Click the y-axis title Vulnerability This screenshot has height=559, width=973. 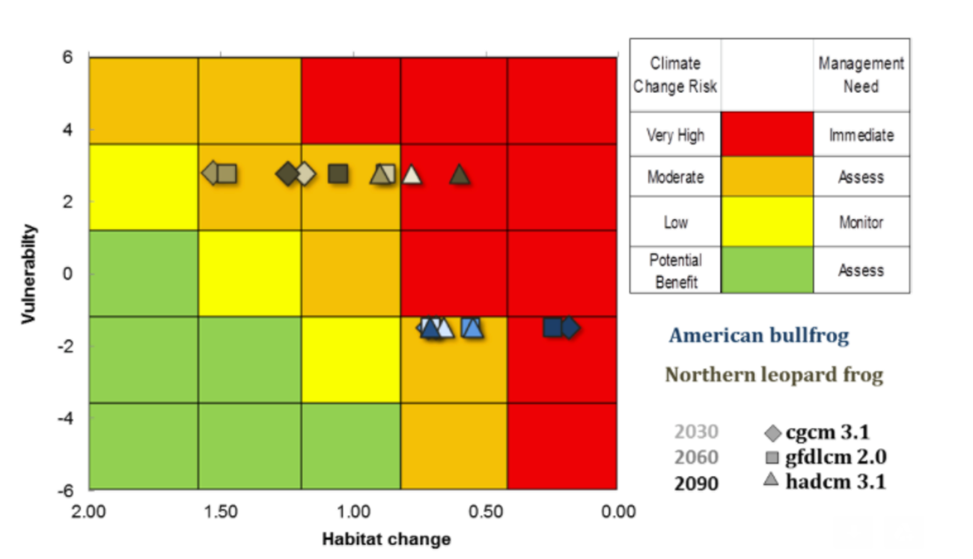point(28,272)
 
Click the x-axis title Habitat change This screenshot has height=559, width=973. point(386,539)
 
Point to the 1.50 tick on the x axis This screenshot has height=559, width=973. point(221,512)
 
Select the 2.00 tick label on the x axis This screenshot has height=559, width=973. point(89,512)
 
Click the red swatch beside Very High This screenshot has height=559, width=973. point(767,135)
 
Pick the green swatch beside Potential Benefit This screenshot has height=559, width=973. point(767,269)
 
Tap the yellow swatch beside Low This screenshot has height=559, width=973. point(767,222)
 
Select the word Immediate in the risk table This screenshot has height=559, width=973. point(861,135)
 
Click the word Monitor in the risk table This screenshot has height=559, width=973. point(861,222)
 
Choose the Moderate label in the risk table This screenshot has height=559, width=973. point(675,177)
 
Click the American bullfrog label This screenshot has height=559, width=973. point(759,335)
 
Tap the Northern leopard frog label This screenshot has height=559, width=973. point(774,374)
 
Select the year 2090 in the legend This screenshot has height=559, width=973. point(696,483)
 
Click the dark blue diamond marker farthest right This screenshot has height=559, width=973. point(570,327)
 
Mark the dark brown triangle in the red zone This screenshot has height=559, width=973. point(460,175)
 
